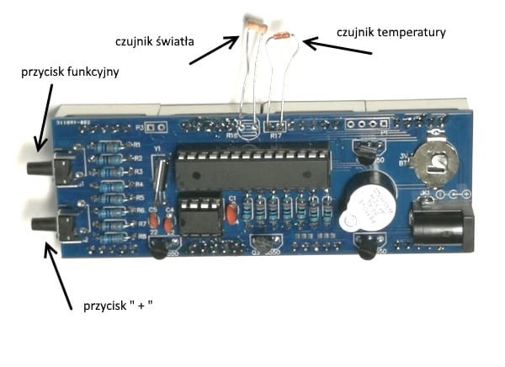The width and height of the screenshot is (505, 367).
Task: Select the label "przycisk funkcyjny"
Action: [x=70, y=72]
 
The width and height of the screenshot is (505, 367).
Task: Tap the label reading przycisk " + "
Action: [x=118, y=305]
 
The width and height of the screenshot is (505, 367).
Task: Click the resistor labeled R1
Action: [x=107, y=146]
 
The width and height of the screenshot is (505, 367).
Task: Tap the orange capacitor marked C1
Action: [x=230, y=214]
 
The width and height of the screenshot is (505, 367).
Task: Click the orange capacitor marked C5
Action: [x=154, y=224]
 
